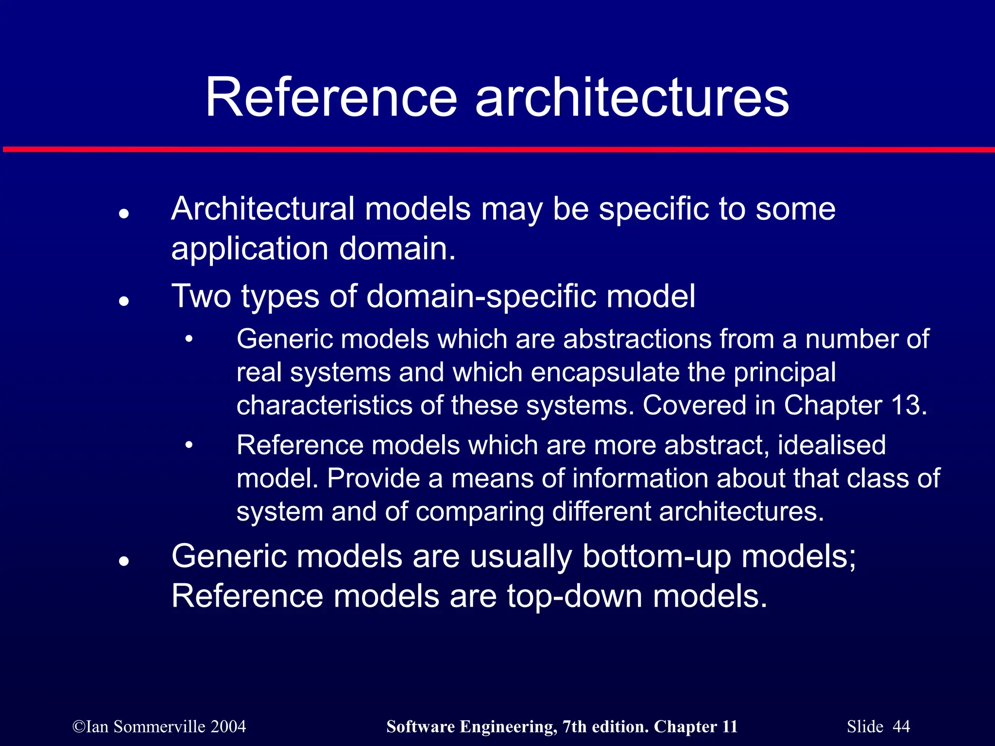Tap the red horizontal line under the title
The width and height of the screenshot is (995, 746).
[497, 150]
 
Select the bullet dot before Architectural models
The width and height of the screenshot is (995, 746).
[124, 213]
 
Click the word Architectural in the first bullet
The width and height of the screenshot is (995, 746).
[262, 209]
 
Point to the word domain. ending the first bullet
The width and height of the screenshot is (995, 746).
[397, 248]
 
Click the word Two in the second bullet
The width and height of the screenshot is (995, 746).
[201, 296]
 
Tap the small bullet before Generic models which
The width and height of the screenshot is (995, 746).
[189, 339]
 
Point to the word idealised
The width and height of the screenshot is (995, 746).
[832, 445]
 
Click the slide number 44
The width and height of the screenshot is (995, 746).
[901, 727]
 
